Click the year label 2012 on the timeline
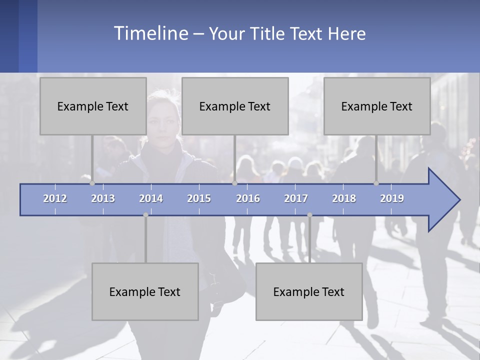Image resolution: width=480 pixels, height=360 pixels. [x=55, y=198]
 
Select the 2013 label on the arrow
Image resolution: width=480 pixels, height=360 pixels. [x=103, y=198]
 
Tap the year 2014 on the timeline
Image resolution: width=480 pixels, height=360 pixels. [x=151, y=198]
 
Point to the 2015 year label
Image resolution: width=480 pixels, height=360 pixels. [x=199, y=198]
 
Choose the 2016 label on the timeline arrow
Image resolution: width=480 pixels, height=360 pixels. [x=248, y=198]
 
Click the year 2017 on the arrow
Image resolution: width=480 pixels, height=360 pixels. [x=296, y=198]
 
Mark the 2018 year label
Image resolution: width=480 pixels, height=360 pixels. [x=344, y=198]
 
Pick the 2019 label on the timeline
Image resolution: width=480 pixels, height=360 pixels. [x=392, y=198]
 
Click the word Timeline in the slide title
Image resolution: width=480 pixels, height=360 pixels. [x=150, y=33]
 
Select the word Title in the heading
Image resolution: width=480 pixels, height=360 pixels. [x=268, y=34]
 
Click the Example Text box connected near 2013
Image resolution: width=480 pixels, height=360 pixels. [x=93, y=106]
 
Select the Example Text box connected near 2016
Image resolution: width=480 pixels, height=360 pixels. [x=235, y=106]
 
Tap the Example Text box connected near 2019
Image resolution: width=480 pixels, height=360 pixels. [x=377, y=106]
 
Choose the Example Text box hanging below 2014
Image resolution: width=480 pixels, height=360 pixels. [x=145, y=291]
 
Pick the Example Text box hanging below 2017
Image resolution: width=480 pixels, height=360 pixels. [x=309, y=291]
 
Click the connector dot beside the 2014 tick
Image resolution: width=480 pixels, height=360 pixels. [x=145, y=215]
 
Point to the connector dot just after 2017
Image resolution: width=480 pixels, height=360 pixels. [x=309, y=215]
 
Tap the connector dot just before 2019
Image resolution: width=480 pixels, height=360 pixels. [x=376, y=183]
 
